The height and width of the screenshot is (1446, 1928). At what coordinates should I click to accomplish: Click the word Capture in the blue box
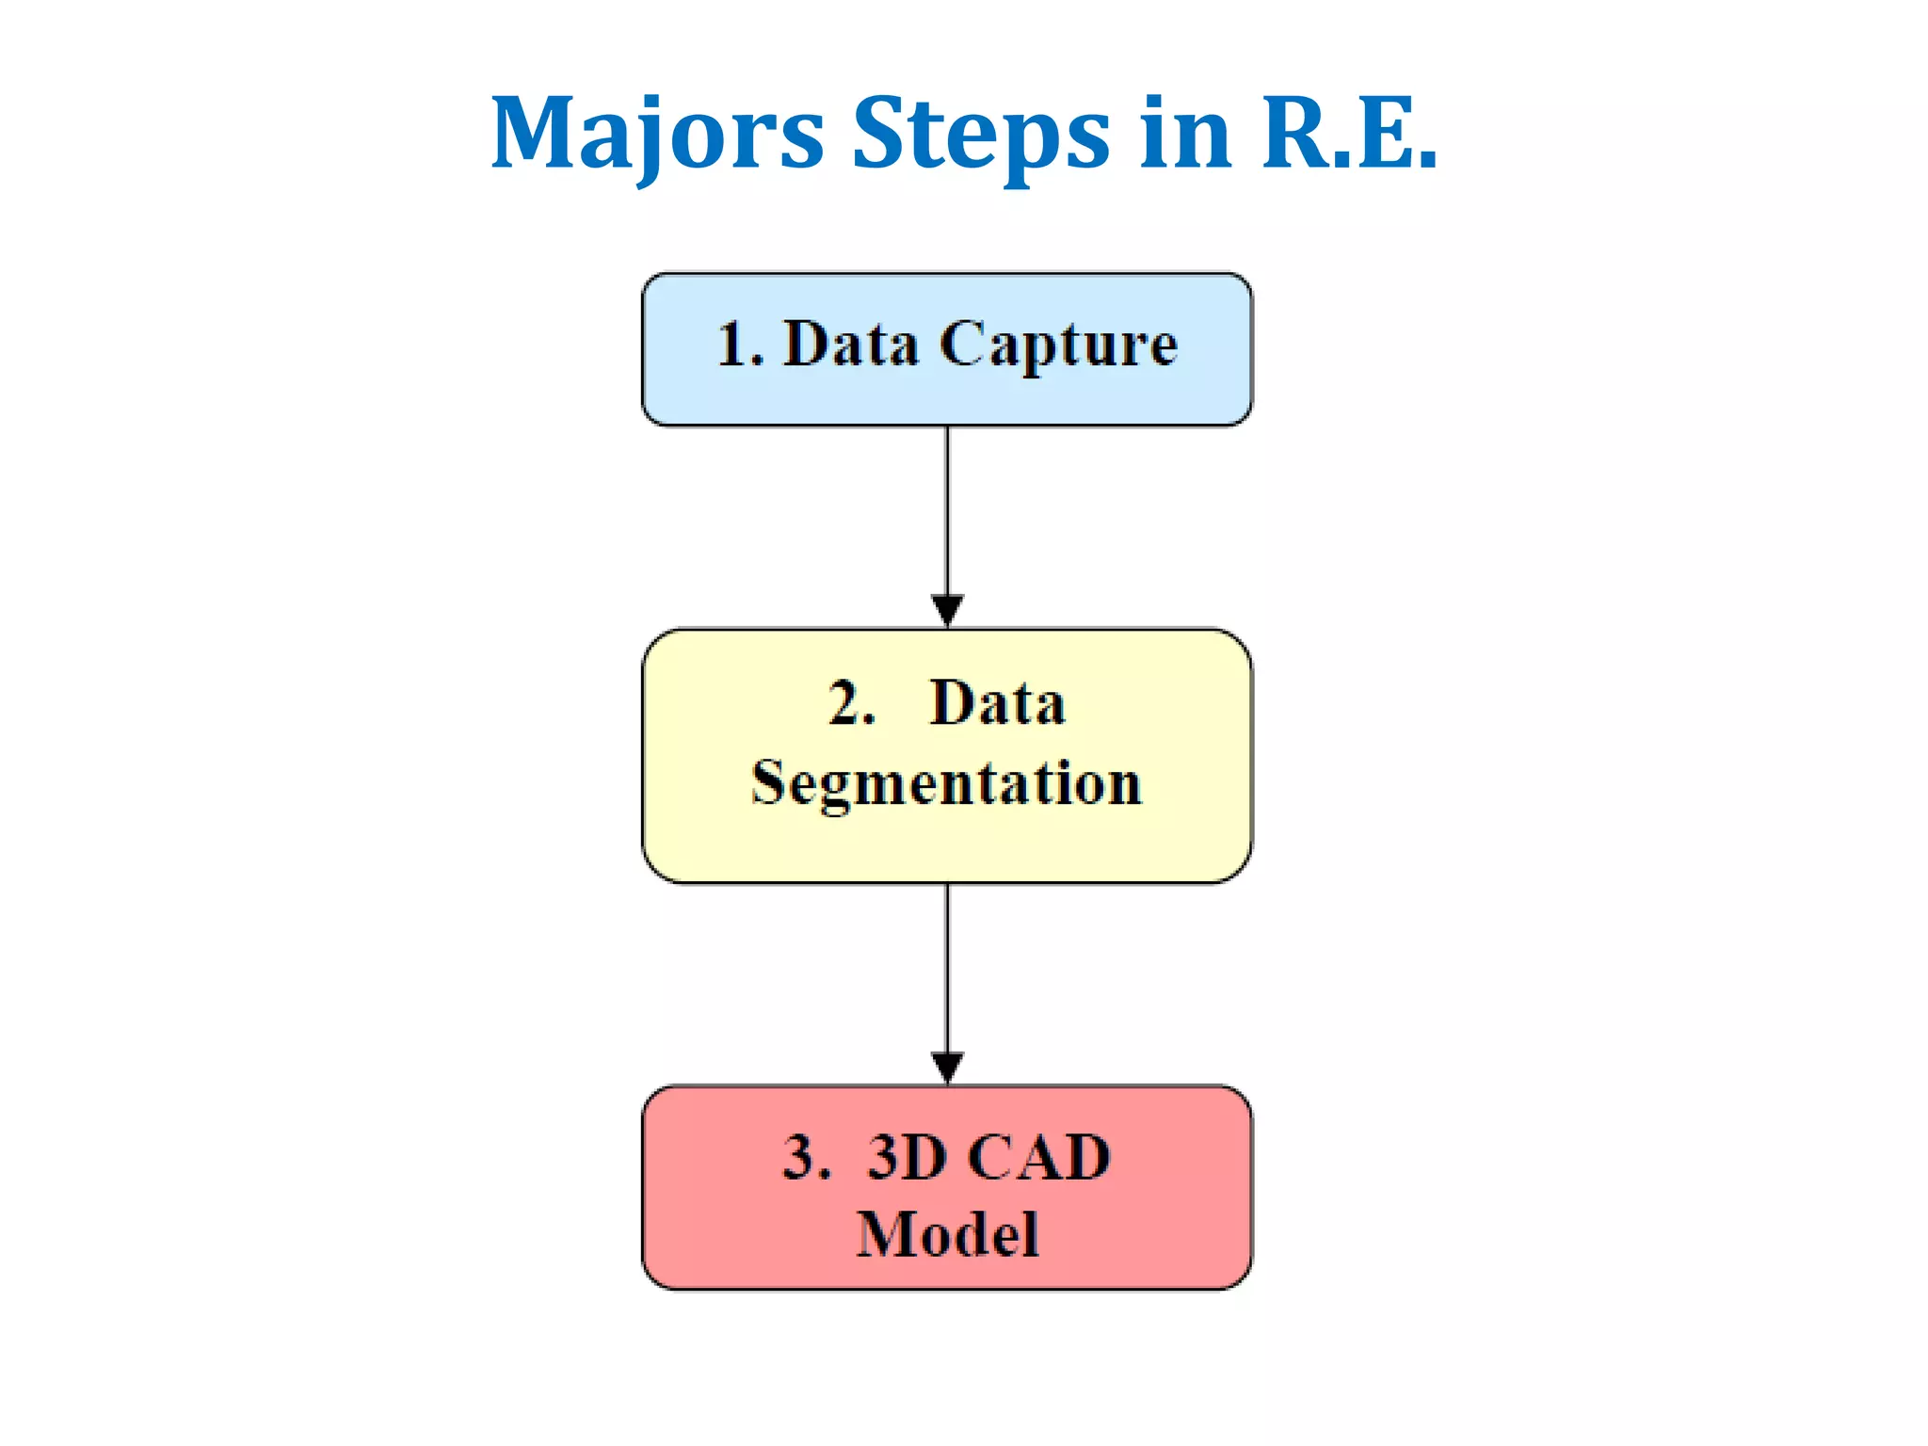(x=1058, y=345)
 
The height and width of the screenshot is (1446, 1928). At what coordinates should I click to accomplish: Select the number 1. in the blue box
(x=740, y=345)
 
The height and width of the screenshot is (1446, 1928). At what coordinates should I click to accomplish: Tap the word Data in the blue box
(x=851, y=345)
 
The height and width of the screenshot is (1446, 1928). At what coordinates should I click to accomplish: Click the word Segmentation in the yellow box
(x=946, y=783)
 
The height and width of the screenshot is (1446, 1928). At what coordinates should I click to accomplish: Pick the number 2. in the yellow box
(x=851, y=703)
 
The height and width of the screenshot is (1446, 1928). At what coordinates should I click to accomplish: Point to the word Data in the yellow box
(x=997, y=703)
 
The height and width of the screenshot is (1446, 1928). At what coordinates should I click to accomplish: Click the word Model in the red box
(x=947, y=1234)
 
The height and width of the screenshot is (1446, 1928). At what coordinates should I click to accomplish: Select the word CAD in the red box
(x=1039, y=1157)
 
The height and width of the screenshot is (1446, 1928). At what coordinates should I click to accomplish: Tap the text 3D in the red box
(x=907, y=1157)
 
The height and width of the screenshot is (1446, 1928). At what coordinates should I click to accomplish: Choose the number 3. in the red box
(x=806, y=1157)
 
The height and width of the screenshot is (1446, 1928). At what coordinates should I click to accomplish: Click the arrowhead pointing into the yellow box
(x=947, y=609)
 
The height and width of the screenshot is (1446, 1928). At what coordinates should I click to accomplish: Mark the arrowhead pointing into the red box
(x=947, y=1067)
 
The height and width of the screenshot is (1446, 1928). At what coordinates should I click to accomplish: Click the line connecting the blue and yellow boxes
(x=947, y=508)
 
